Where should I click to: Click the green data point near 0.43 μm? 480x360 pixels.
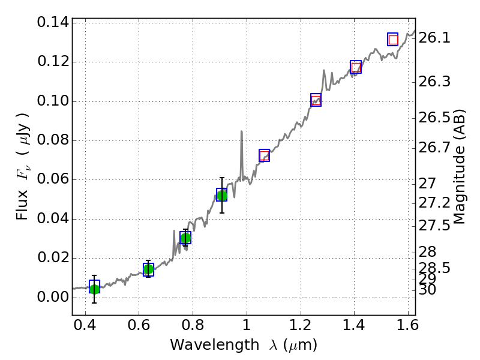[94, 289]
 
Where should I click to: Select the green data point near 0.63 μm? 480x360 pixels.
[148, 269]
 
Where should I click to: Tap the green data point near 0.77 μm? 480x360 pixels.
[185, 238]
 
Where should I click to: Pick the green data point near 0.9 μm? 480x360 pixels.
[222, 195]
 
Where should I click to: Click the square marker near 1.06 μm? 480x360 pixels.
[264, 155]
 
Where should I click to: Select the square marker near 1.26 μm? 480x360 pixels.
[316, 100]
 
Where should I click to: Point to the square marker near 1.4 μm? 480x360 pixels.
[356, 67]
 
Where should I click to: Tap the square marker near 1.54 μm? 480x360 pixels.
[393, 40]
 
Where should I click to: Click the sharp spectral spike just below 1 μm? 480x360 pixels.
[241, 132]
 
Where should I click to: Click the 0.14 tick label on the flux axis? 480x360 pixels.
[52, 23]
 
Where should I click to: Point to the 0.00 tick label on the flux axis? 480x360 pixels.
[52, 297]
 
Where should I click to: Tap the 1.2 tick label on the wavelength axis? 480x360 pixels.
[300, 327]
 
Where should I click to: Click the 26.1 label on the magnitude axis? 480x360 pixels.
[435, 38]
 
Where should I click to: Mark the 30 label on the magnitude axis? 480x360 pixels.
[430, 290]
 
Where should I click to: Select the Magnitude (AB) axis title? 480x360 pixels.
[460, 166]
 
